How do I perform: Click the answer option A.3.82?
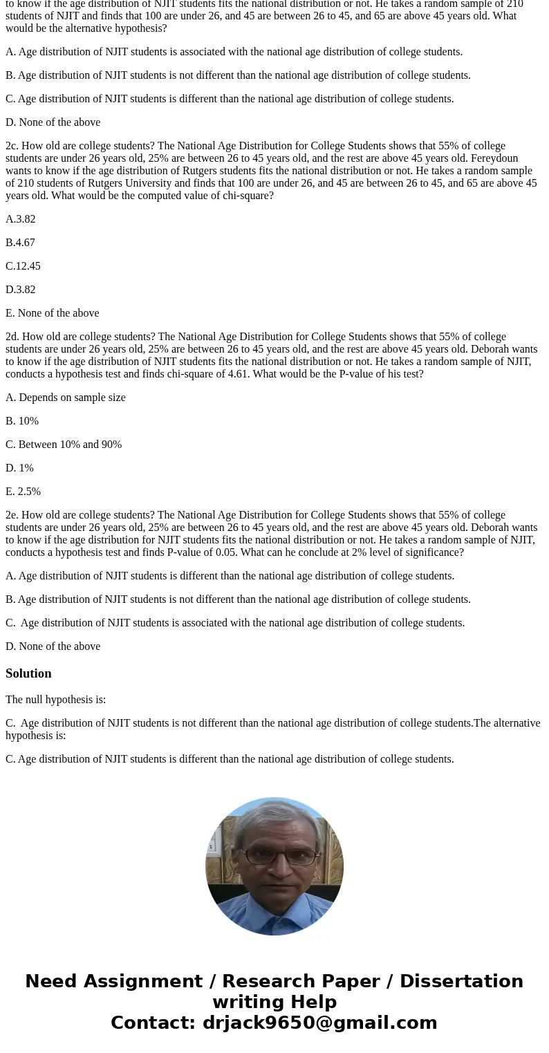point(20,219)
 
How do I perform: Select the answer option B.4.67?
point(20,243)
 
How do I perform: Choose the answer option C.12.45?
point(23,266)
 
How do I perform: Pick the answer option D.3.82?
point(20,290)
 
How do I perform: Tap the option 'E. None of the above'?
point(52,313)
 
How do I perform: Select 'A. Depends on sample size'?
point(66,398)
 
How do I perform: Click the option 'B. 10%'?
point(22,421)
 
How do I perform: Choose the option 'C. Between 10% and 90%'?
point(64,445)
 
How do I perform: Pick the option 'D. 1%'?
point(19,468)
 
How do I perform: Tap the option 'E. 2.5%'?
point(23,492)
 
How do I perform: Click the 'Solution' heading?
point(28,673)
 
